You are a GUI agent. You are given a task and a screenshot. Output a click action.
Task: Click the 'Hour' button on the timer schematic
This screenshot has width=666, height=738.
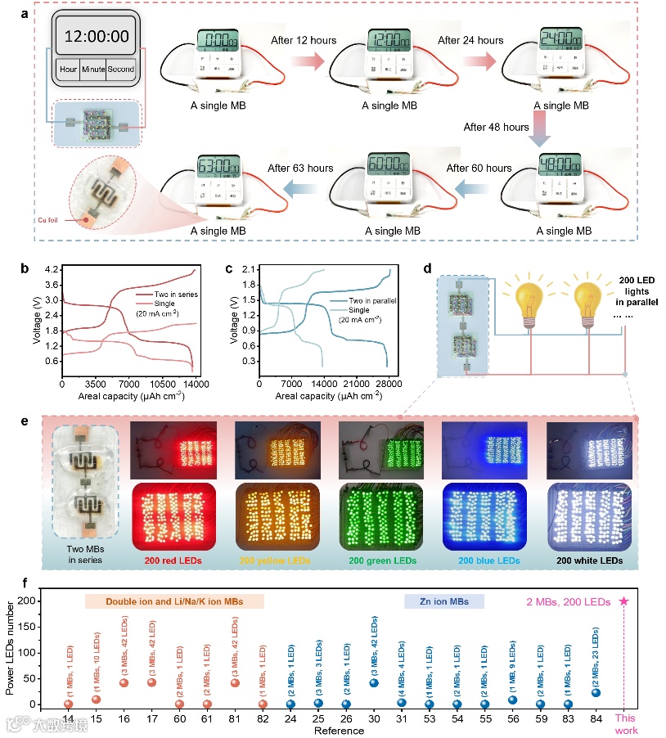coord(68,70)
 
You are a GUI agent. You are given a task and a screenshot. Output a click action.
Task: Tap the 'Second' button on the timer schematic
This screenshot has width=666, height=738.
coord(120,70)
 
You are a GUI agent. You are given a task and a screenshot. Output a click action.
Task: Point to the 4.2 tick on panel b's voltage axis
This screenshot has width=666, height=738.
coord(51,269)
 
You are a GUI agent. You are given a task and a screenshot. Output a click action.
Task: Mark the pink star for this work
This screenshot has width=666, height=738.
coord(624,601)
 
